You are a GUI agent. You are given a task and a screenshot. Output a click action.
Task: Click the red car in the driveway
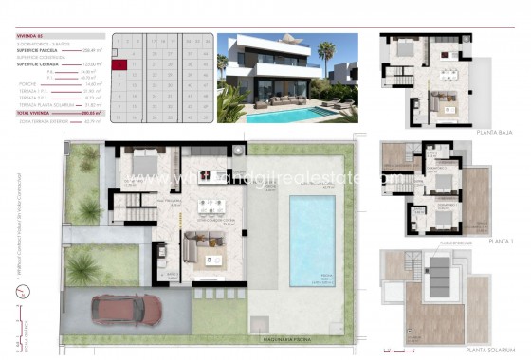point(117,309)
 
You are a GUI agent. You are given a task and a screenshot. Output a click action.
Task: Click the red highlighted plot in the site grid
point(119,64)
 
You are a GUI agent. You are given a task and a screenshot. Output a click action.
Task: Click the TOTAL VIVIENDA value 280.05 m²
point(93,112)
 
